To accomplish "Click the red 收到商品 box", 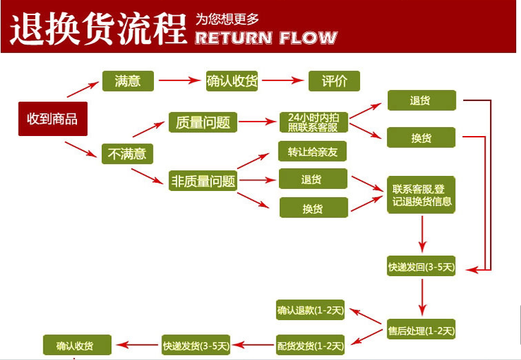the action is tap(53, 119).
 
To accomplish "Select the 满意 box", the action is tap(128, 81).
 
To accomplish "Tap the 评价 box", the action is tap(334, 81).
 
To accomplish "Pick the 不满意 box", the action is tap(127, 154).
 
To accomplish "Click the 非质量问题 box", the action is tap(203, 181).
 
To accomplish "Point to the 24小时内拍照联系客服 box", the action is tap(313, 122).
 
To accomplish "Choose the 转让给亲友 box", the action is tap(312, 151).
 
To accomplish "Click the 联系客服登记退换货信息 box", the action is tap(421, 195).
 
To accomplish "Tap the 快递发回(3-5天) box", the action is tap(421, 266).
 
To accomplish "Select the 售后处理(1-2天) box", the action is tap(421, 330).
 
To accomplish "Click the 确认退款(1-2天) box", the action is tap(311, 310).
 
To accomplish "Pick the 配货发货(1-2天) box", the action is tap(311, 345).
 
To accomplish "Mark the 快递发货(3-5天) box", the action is tap(196, 345).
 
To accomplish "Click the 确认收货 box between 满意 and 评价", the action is tap(232, 81).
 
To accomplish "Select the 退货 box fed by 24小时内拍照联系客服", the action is tap(421, 100).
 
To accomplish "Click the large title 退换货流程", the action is tap(99, 29).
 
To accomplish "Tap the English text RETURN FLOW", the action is tap(266, 38).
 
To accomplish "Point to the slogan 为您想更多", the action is tap(227, 19).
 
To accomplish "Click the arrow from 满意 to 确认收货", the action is tap(180, 80).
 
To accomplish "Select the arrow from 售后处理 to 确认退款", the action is tap(366, 316).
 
